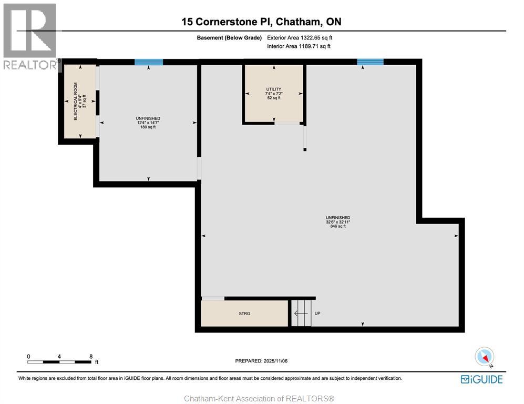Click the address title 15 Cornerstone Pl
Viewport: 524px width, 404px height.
click(x=261, y=22)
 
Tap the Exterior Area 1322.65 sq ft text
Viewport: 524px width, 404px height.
click(x=300, y=38)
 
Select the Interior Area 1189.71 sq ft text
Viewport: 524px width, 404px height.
click(x=299, y=46)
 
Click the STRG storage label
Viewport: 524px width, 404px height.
click(x=244, y=314)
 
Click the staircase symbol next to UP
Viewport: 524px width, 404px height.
click(x=301, y=313)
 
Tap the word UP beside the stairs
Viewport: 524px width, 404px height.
click(x=317, y=314)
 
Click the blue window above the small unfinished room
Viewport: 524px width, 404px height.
click(x=149, y=62)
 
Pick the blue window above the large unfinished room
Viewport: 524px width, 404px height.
click(x=370, y=62)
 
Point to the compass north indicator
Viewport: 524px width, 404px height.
click(x=484, y=357)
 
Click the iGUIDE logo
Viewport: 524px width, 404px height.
click(x=481, y=379)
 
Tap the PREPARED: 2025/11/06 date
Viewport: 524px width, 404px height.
click(x=261, y=361)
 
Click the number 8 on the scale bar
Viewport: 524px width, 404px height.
click(x=91, y=356)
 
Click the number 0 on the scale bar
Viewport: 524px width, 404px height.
click(x=28, y=356)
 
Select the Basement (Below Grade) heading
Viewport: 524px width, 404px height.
click(x=229, y=38)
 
